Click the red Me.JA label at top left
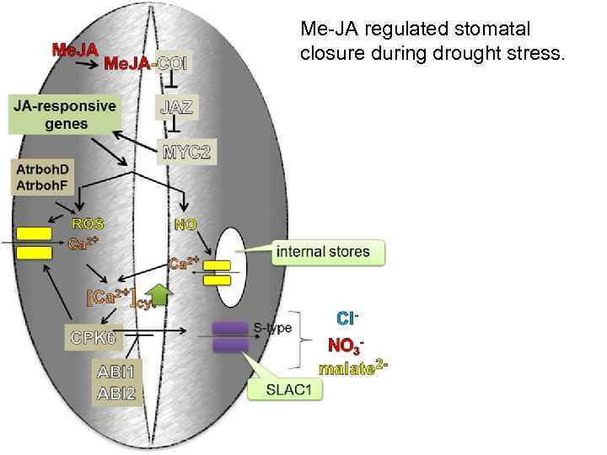pos(75,48)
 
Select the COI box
pos(175,63)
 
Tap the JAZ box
pos(176,107)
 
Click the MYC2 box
pos(185,153)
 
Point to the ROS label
pos(89,224)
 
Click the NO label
pos(185,224)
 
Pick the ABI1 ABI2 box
pos(119,382)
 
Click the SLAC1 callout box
pos(287,389)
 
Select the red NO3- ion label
pos(346,345)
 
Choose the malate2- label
pos(352,367)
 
